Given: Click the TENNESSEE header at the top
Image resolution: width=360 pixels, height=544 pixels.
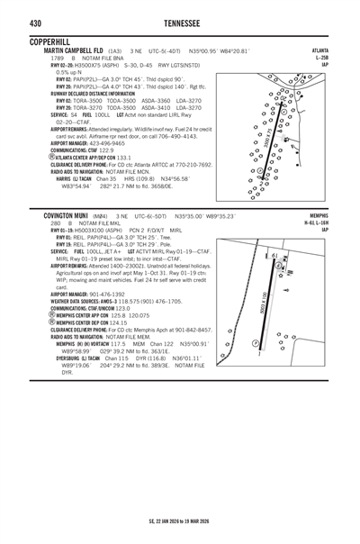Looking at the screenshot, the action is (x=179, y=22).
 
